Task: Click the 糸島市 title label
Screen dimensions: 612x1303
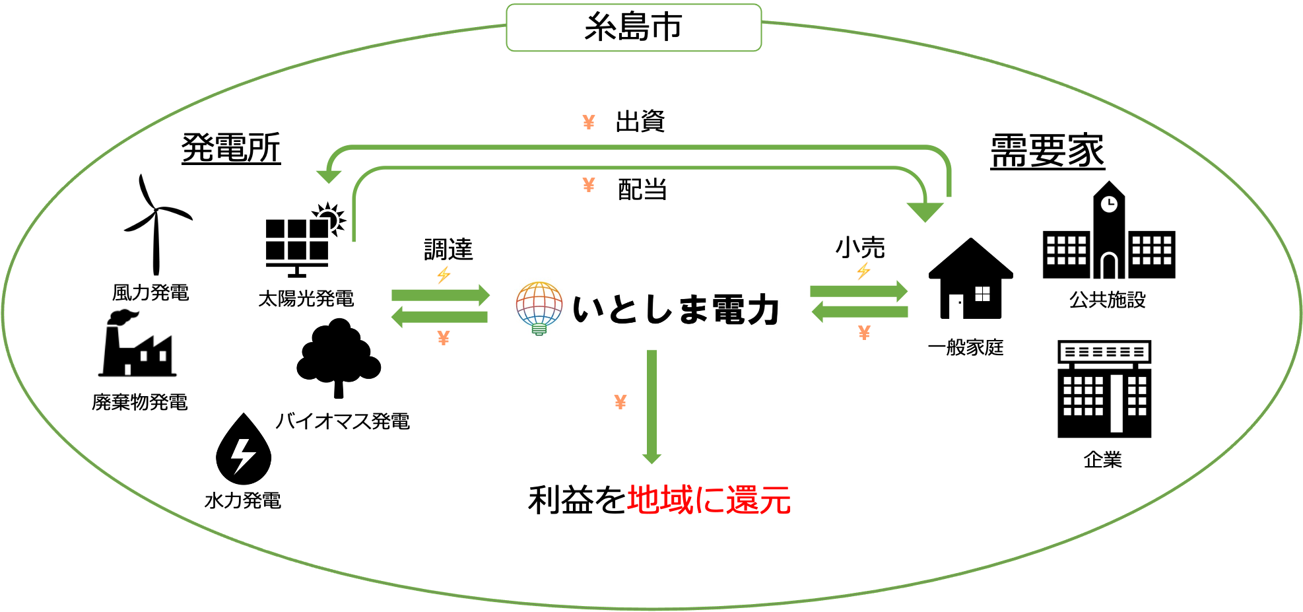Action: [633, 28]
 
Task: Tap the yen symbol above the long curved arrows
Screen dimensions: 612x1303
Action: [589, 122]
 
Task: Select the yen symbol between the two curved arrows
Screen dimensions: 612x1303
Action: [589, 185]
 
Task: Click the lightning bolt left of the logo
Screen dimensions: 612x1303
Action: [444, 275]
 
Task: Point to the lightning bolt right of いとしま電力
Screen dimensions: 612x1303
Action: [863, 271]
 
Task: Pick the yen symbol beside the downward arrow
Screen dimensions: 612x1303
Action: [620, 401]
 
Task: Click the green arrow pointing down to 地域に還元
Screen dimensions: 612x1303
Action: [651, 406]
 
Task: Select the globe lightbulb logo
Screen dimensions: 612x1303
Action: [540, 308]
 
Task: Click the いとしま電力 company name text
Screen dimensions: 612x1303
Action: [677, 309]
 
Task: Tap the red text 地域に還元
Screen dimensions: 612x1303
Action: [709, 500]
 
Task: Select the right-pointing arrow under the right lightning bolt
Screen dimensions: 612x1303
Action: [859, 290]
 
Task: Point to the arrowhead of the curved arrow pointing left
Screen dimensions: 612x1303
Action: [328, 176]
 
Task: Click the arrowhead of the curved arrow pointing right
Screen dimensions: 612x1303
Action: [925, 212]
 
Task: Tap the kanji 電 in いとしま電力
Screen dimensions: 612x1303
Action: [730, 309]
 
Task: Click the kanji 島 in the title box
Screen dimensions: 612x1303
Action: [633, 28]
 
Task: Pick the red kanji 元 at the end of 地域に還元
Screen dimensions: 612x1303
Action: [775, 500]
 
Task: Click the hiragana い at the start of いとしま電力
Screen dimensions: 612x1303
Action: [589, 309]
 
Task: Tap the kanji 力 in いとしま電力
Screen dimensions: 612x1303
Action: [764, 309]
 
